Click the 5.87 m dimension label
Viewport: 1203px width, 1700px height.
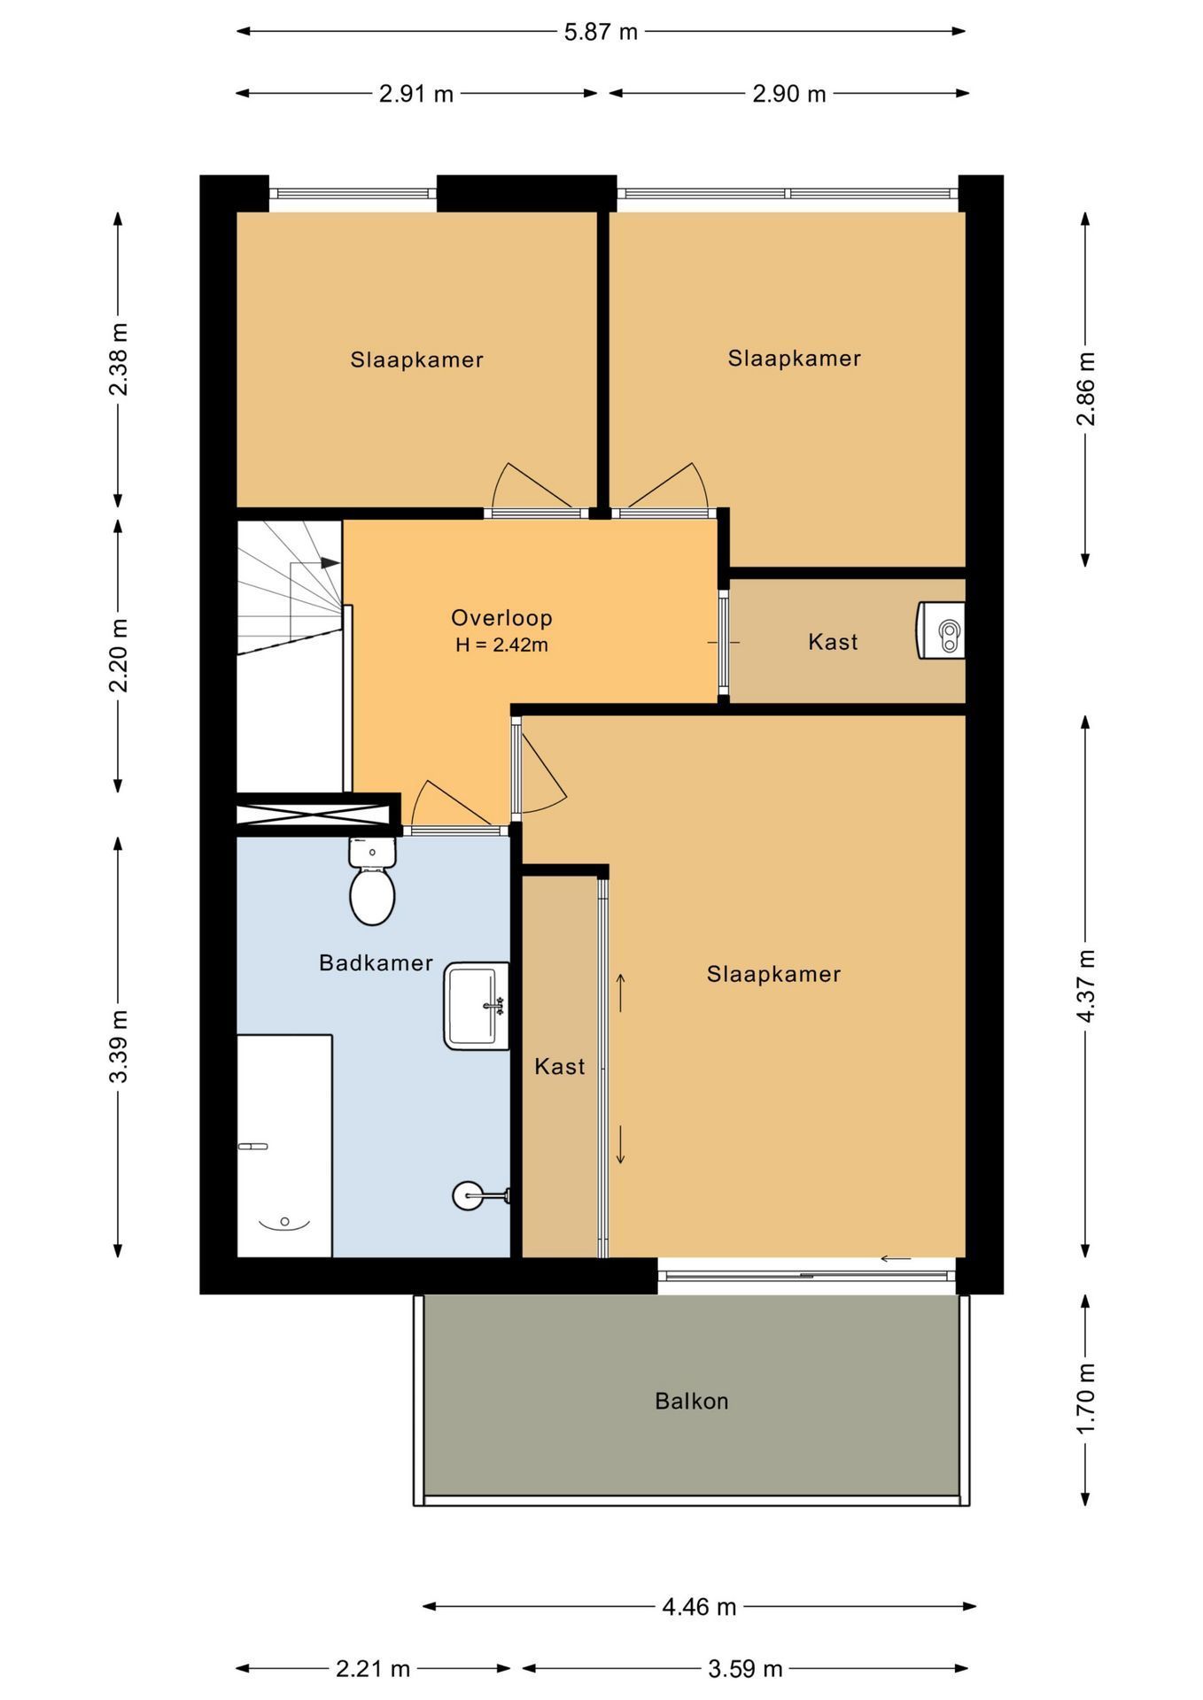[601, 32]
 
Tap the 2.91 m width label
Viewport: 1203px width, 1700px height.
[415, 94]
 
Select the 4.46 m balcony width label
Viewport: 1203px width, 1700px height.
[699, 1606]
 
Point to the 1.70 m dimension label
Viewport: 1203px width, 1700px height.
[1086, 1398]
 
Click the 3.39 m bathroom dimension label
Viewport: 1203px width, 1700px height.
[119, 1045]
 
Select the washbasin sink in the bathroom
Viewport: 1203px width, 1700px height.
[475, 1006]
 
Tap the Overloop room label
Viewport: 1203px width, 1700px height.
[501, 618]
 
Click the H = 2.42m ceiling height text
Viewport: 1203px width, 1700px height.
[501, 645]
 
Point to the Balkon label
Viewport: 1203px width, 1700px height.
[691, 1401]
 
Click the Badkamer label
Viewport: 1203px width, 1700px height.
[376, 962]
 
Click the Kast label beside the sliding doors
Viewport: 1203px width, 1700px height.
[559, 1066]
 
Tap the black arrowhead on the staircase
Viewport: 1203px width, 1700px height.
[330, 562]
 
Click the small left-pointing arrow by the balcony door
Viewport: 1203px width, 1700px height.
[896, 1258]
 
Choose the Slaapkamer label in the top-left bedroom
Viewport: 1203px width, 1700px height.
[416, 359]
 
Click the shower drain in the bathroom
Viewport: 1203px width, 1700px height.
[284, 1222]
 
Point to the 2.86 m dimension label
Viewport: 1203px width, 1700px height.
[1086, 388]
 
